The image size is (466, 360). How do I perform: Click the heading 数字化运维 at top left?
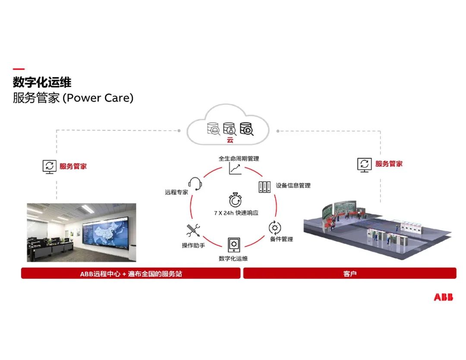(42, 82)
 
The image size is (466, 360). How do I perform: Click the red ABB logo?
(444, 297)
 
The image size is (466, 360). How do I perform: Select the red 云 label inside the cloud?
(230, 140)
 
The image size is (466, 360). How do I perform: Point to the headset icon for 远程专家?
(195, 183)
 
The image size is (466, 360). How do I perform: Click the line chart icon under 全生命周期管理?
(235, 168)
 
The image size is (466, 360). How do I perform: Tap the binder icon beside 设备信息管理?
(264, 187)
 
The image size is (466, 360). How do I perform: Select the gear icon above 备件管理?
(275, 227)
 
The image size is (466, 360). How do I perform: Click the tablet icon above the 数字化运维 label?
(234, 245)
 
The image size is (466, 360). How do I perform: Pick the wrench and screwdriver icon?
(193, 231)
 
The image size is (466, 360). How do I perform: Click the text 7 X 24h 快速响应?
(236, 213)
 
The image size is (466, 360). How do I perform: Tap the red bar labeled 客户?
(349, 273)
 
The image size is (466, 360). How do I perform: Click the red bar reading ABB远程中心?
(131, 273)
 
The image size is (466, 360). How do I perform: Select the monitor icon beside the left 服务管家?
(50, 166)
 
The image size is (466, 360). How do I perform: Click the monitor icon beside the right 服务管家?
(365, 164)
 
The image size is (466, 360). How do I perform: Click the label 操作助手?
(193, 246)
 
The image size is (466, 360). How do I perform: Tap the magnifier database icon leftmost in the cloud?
(214, 129)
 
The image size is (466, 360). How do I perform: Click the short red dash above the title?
(19, 69)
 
